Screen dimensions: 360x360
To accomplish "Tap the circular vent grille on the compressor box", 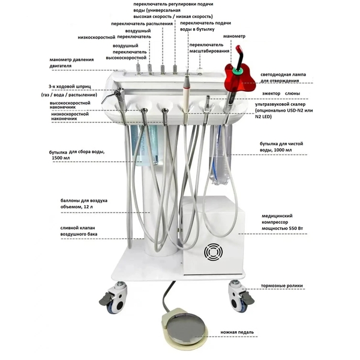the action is point(213,252).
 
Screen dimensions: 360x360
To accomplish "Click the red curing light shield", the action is point(239,77).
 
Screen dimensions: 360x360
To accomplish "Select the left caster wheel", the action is point(115,298).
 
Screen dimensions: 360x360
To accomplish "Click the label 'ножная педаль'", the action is point(237,332).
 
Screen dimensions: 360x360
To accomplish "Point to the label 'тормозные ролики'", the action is point(282,286).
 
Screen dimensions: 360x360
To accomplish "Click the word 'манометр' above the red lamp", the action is point(234,36).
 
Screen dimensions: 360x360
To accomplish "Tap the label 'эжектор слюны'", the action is point(281,94).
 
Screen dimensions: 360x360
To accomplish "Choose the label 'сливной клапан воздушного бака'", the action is point(79,231).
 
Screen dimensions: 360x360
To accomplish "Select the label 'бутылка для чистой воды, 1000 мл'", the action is point(281,147).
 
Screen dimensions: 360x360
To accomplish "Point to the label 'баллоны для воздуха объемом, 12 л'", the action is point(84,203).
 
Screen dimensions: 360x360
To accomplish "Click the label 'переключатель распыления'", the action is point(142,24).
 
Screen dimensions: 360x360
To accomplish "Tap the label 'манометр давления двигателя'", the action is point(71,62).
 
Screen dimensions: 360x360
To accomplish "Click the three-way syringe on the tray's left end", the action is point(113,95).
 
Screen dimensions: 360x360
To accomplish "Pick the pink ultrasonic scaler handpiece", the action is point(186,92).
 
